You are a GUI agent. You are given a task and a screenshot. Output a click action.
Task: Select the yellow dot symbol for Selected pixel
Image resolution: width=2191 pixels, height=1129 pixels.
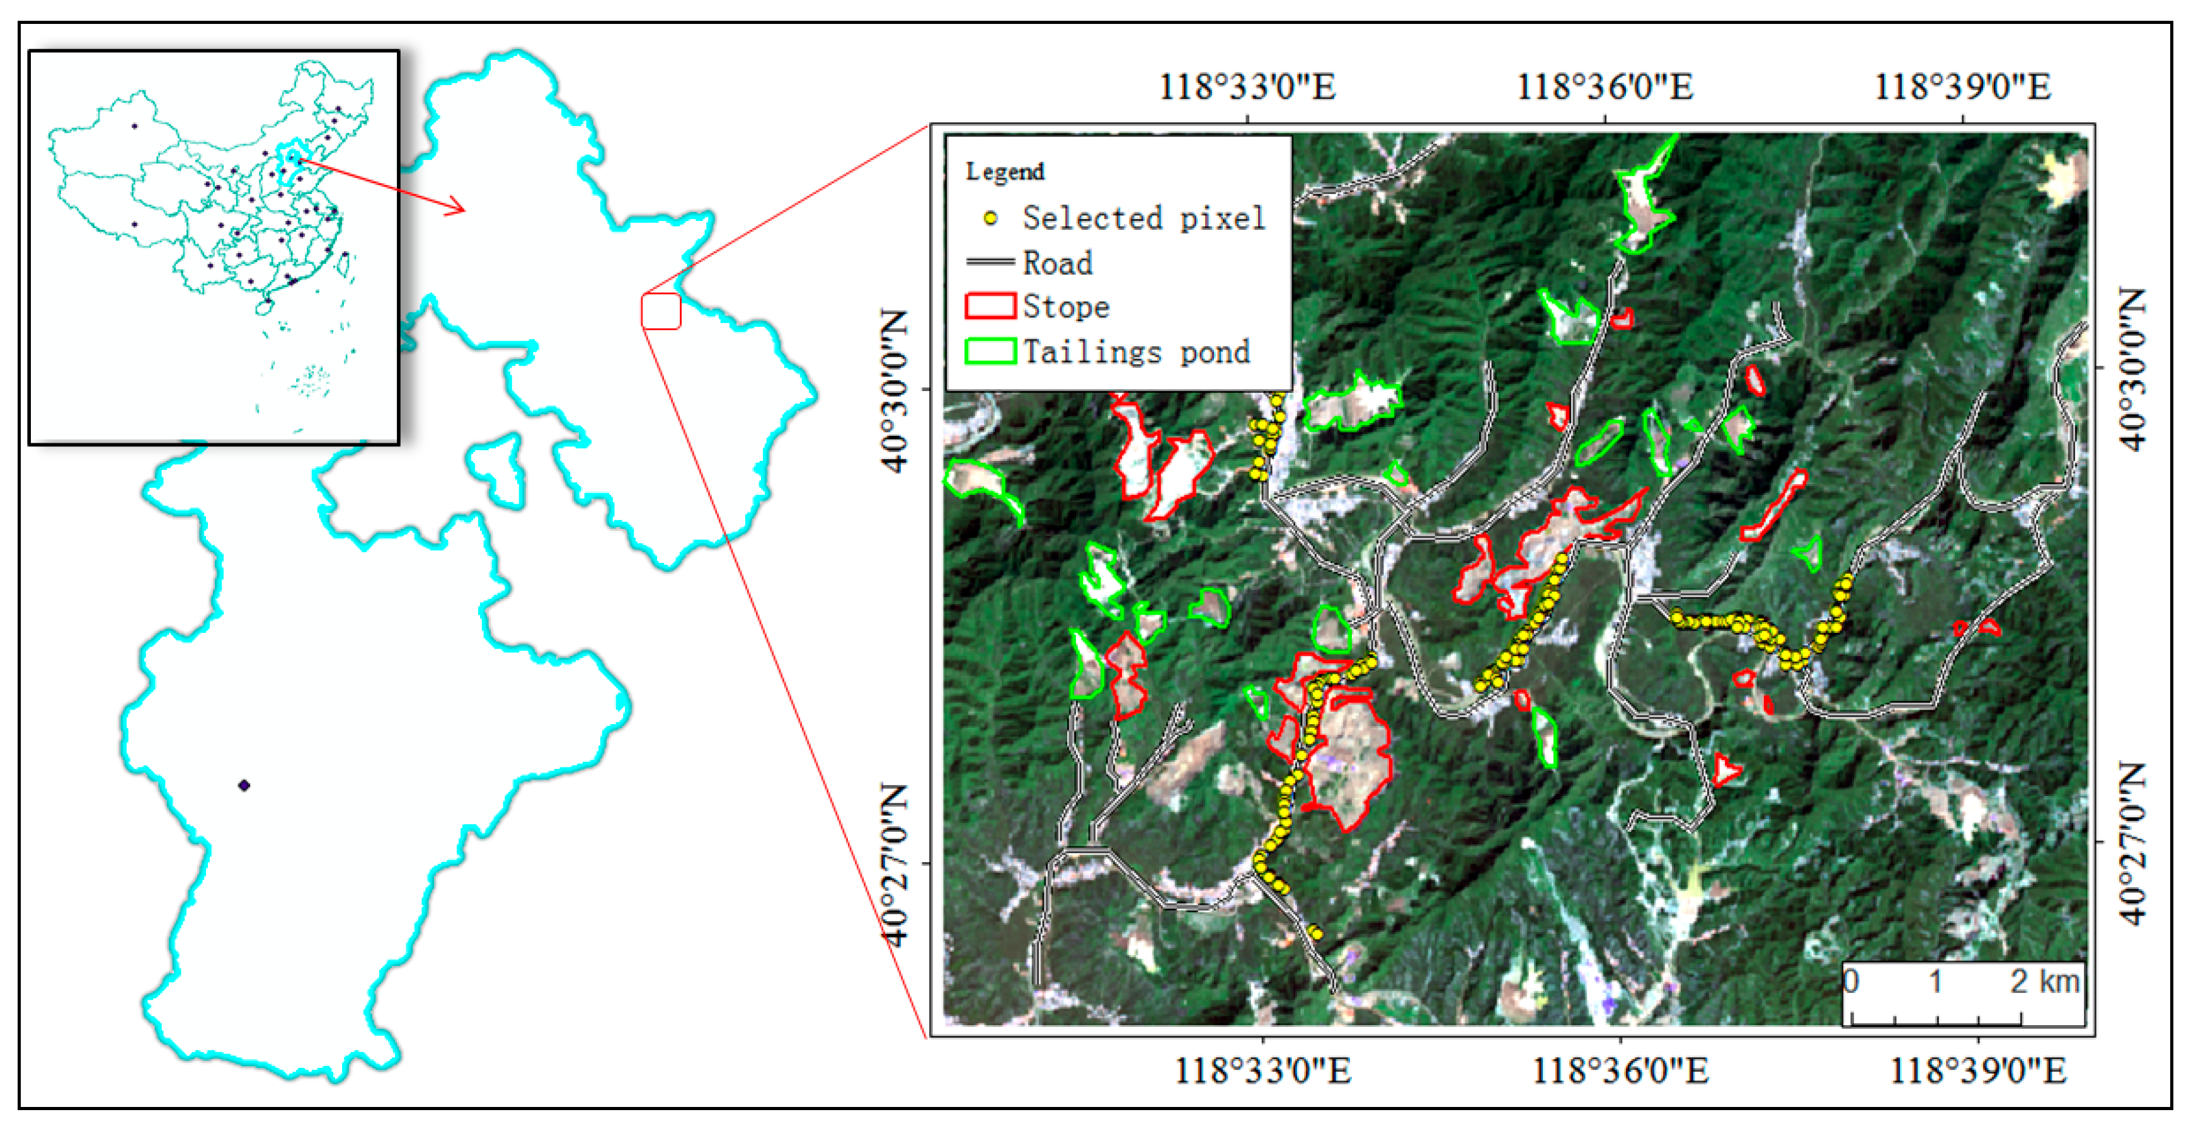click(990, 218)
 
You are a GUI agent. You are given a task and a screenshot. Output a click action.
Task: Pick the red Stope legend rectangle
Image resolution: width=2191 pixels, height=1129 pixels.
click(990, 306)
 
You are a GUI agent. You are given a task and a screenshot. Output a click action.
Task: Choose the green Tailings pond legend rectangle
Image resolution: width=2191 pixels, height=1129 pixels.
click(990, 351)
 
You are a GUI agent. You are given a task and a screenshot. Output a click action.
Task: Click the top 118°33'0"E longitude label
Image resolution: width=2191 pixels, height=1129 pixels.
click(1247, 87)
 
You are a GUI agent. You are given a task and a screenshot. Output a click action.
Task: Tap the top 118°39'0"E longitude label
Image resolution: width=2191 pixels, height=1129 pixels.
click(1962, 87)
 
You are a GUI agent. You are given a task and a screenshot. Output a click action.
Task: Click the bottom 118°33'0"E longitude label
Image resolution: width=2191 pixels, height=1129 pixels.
click(1262, 1070)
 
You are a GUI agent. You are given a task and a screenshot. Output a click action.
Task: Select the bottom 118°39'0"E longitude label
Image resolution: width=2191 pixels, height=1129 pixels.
click(1977, 1070)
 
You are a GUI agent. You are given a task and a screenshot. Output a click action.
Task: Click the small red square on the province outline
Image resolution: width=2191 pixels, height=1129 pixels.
click(661, 311)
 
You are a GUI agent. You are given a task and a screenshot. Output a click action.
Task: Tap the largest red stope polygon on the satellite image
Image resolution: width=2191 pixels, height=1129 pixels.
click(1348, 757)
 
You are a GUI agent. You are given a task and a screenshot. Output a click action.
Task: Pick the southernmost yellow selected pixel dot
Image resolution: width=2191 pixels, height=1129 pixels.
click(1316, 933)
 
